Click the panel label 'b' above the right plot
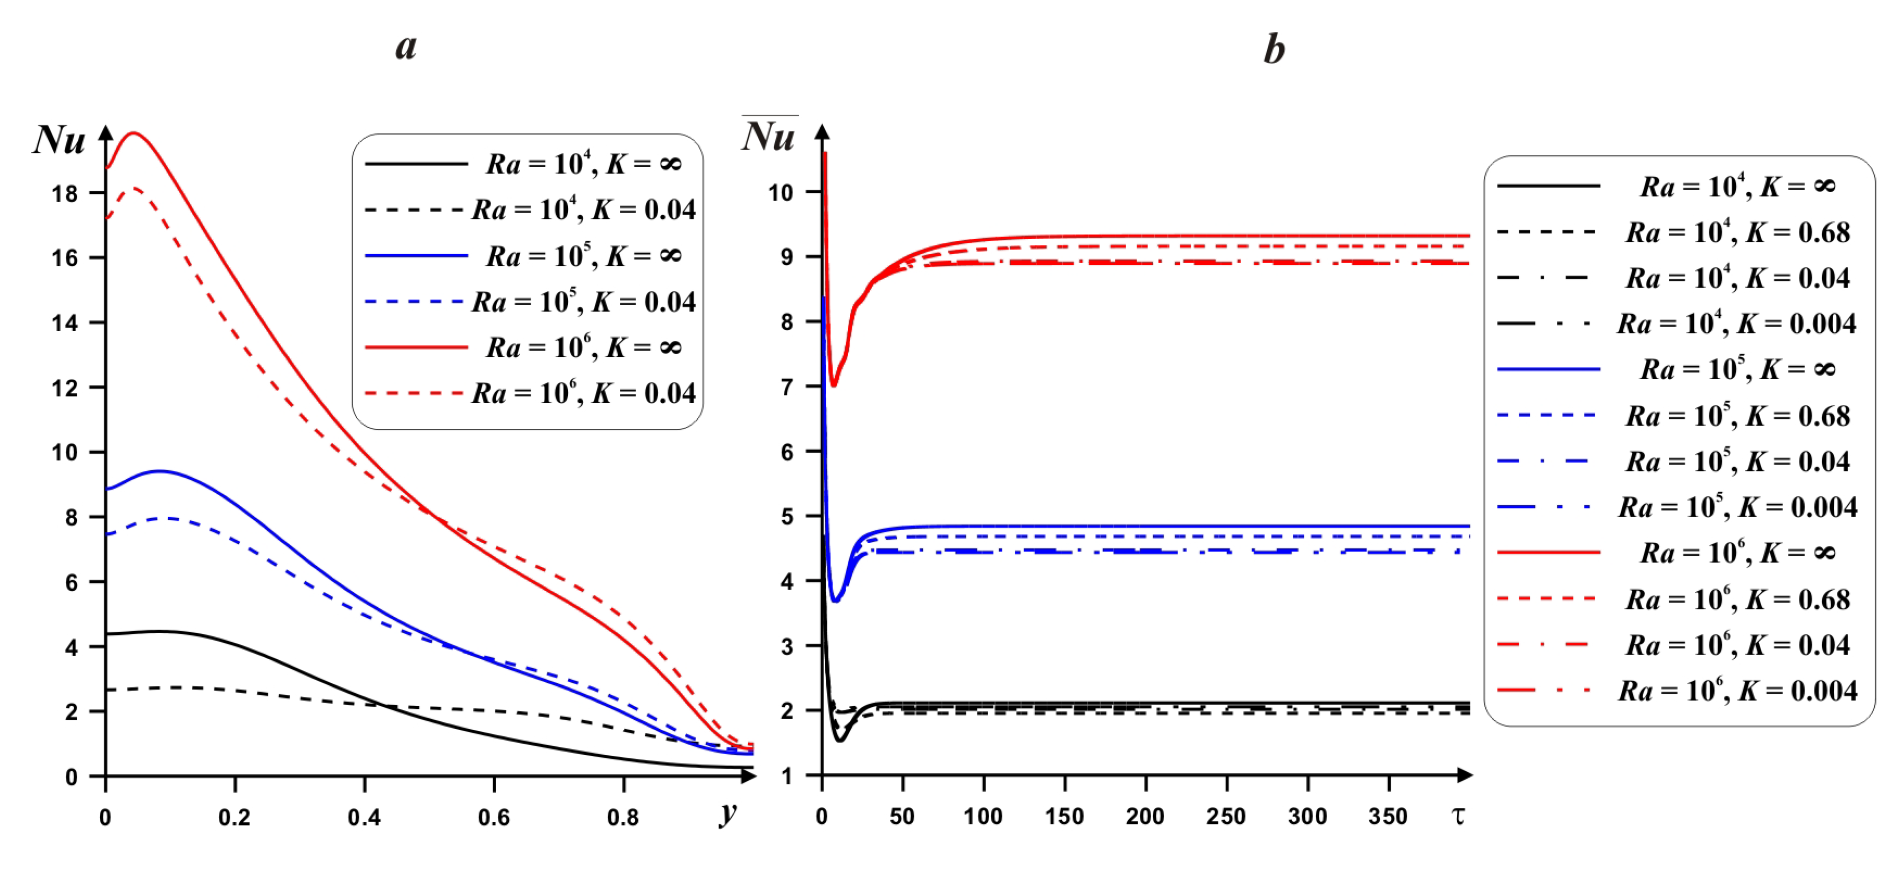(x=1274, y=50)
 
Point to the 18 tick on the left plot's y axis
(x=65, y=194)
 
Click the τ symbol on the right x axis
(x=1458, y=816)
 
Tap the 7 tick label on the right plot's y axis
(x=787, y=387)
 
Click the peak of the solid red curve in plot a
(x=134, y=133)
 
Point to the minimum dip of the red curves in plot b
(x=834, y=384)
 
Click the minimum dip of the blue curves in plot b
(x=835, y=600)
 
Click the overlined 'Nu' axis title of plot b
(x=768, y=136)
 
